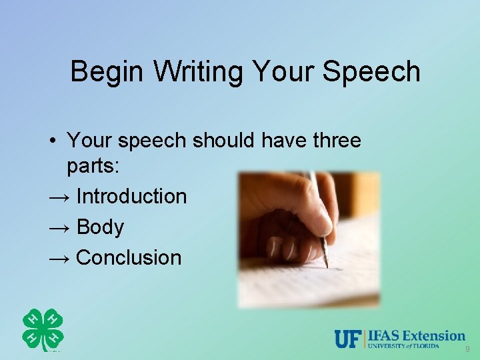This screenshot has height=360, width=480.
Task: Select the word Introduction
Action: pos(131,197)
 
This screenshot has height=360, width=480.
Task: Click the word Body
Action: pos(100,227)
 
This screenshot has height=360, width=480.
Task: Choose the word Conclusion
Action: pos(129,258)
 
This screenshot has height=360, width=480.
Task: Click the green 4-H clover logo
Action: pos(43,330)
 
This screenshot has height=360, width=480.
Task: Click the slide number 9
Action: pos(467,349)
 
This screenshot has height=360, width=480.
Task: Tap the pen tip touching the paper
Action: pos(327,265)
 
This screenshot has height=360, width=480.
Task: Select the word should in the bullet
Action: pos(225,141)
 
